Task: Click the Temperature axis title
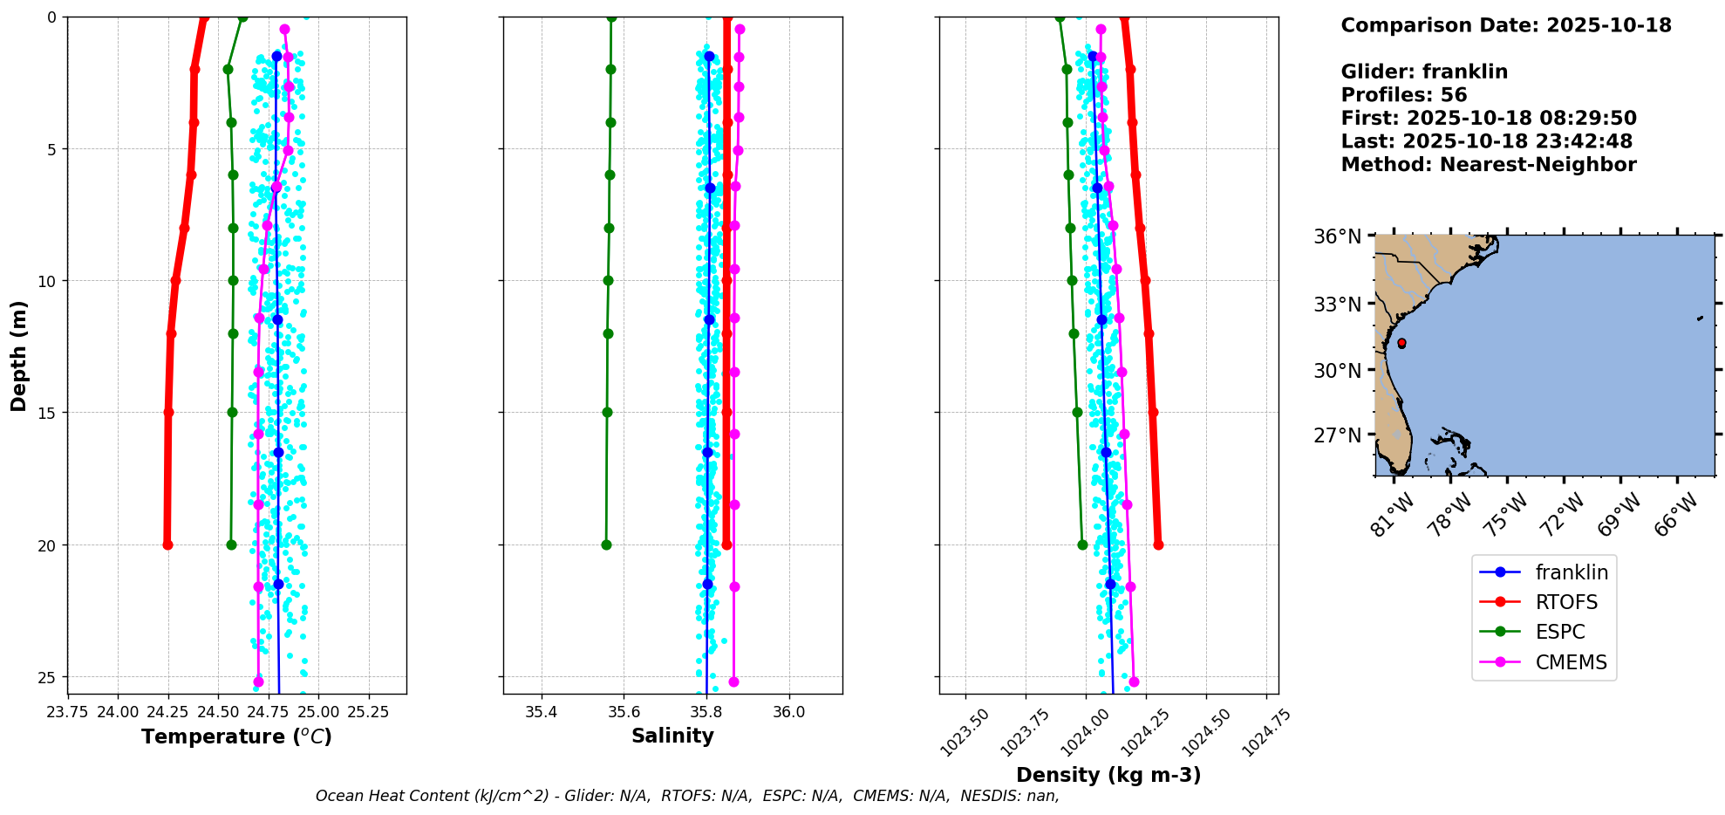click(x=236, y=737)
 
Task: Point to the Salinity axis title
click(x=672, y=736)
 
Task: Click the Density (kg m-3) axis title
click(x=1108, y=775)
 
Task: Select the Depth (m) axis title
click(x=18, y=356)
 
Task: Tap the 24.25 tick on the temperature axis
click(x=168, y=712)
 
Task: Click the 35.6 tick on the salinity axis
click(x=624, y=712)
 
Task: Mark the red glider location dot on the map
click(x=1401, y=343)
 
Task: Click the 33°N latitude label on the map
click(x=1338, y=305)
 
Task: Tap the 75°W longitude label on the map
click(x=1506, y=515)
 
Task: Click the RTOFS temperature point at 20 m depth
click(x=167, y=544)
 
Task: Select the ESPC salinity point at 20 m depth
click(x=606, y=544)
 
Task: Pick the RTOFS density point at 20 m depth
click(x=1158, y=544)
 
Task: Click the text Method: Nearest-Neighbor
click(x=1488, y=165)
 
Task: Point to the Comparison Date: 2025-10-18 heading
click(x=1505, y=25)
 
